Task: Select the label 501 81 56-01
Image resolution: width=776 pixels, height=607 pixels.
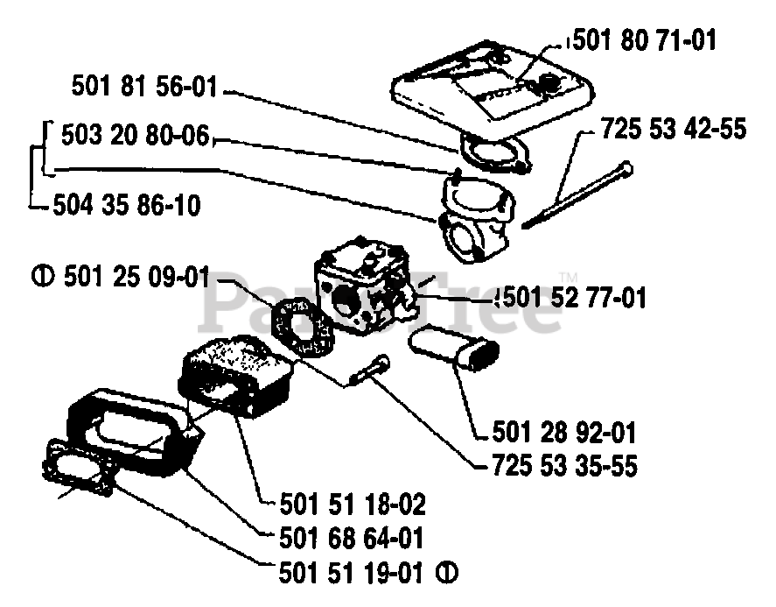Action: click(144, 88)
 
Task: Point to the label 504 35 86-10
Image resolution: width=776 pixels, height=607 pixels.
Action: click(127, 206)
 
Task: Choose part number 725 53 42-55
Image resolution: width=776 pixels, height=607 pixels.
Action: click(674, 131)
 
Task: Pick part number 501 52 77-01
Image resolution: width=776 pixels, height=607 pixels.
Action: click(573, 298)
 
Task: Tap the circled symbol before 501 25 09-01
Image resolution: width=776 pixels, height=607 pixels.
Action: click(38, 278)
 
